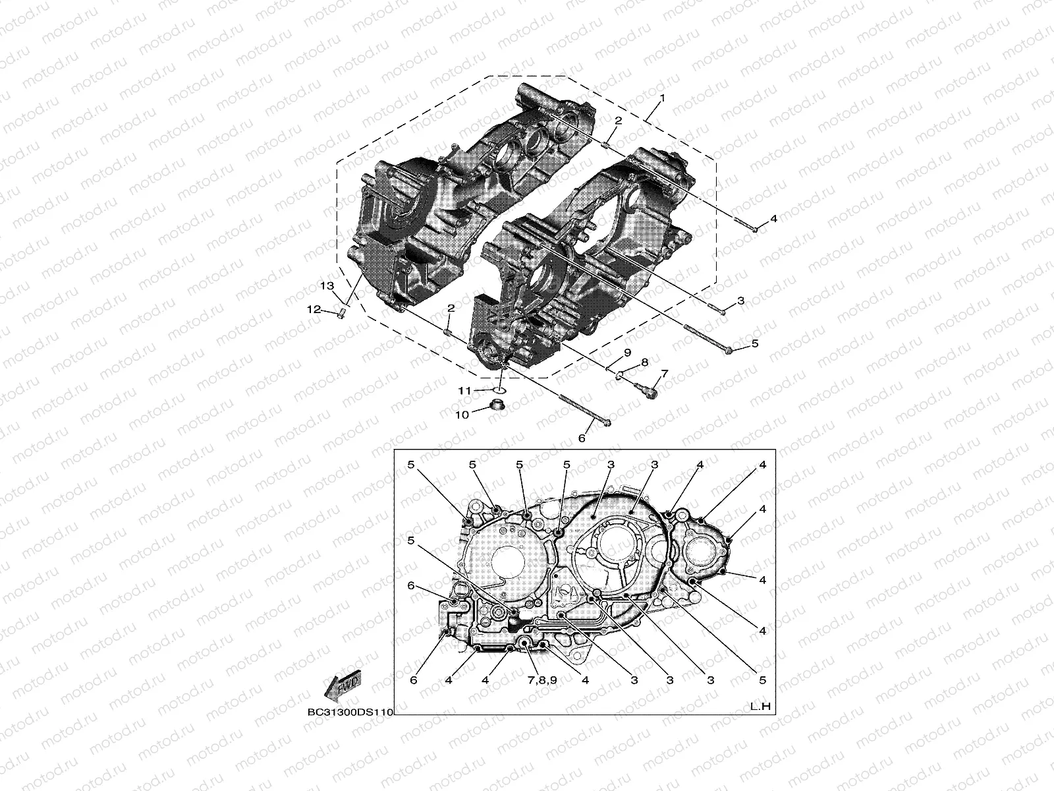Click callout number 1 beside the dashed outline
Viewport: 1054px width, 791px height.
point(662,98)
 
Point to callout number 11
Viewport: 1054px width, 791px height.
point(465,391)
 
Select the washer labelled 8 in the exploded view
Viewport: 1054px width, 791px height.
point(620,376)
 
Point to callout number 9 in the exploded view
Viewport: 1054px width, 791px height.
point(628,352)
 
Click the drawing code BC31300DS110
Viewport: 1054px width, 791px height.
point(350,713)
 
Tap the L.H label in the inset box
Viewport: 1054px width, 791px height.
point(760,707)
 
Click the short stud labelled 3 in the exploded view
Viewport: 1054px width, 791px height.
point(718,309)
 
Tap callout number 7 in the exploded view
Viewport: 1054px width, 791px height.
point(664,374)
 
